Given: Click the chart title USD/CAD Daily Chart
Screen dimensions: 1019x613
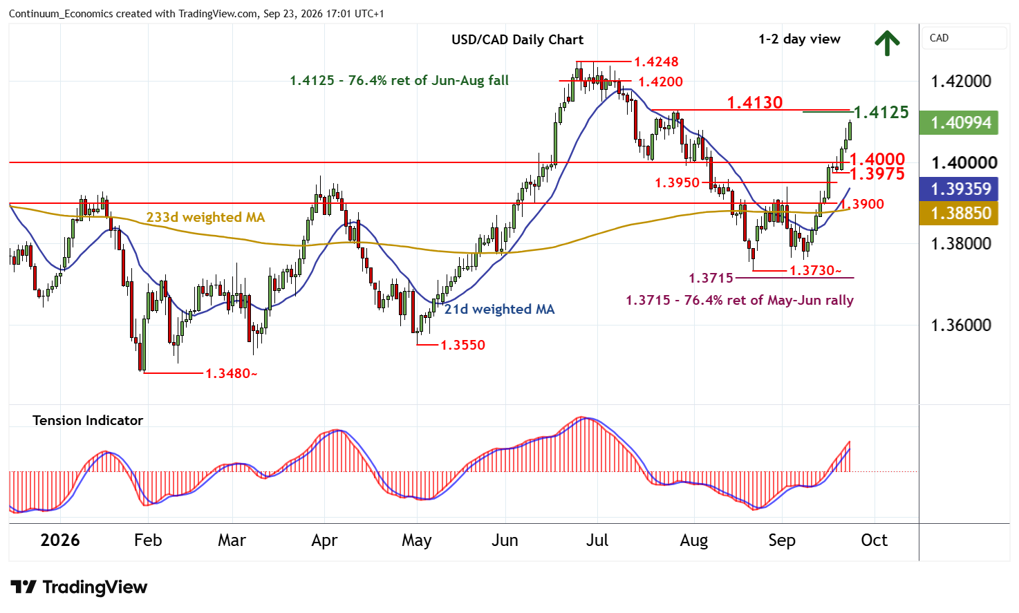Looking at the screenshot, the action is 517,40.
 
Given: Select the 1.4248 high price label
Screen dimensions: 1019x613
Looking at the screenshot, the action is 656,62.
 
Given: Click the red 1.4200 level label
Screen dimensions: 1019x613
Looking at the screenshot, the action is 660,82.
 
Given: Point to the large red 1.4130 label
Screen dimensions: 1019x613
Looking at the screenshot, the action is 755,103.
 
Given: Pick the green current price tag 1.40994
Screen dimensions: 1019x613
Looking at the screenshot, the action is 959,123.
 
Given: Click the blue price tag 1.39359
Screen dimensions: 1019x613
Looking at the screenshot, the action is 959,189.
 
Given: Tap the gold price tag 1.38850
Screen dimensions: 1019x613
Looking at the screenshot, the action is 959,214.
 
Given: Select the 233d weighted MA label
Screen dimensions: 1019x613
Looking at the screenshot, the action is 205,218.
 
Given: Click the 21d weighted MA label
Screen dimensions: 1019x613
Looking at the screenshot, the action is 499,309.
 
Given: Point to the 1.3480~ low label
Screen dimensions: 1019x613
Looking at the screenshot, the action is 231,374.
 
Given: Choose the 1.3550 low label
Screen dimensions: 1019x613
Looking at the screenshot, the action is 462,345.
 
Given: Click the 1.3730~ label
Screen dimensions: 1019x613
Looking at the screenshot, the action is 816,271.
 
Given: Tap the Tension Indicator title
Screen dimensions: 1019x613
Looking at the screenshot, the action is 88,421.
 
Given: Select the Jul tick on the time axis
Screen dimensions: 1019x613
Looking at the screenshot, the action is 597,540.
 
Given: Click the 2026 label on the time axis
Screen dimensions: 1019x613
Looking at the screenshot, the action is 60,540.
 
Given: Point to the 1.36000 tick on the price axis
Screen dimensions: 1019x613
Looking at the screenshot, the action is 961,325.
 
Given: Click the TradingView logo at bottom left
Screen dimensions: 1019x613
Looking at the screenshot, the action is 79,587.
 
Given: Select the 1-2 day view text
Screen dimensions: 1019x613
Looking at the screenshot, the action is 799,39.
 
